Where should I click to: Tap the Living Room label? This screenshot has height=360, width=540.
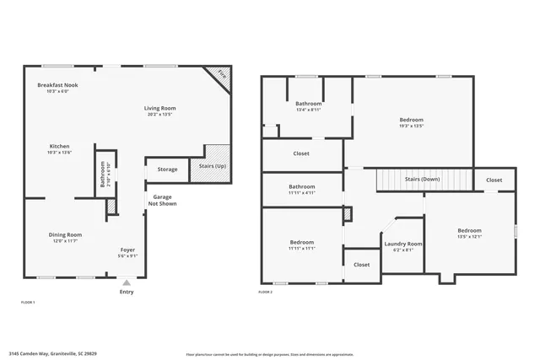[159, 108]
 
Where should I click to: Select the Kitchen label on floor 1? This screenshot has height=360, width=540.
[59, 146]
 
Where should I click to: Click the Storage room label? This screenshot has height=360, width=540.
[168, 169]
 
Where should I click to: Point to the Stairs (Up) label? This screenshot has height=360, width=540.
[213, 166]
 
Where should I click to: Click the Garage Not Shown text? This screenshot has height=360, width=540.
[162, 200]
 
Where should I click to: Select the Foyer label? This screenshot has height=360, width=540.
[127, 250]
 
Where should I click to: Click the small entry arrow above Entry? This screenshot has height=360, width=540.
[127, 282]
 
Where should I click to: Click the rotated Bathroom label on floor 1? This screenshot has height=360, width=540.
[102, 179]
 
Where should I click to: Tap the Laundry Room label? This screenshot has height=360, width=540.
[403, 244]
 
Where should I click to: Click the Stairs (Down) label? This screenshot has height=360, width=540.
[422, 179]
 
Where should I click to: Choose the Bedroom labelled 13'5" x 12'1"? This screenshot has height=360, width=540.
[469, 230]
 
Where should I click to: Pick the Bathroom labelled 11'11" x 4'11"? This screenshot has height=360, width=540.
[301, 186]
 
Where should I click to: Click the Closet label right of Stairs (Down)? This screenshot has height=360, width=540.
[494, 180]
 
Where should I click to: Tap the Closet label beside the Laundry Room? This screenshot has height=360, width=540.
[361, 264]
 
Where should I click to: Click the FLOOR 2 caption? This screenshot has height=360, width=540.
[264, 292]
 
